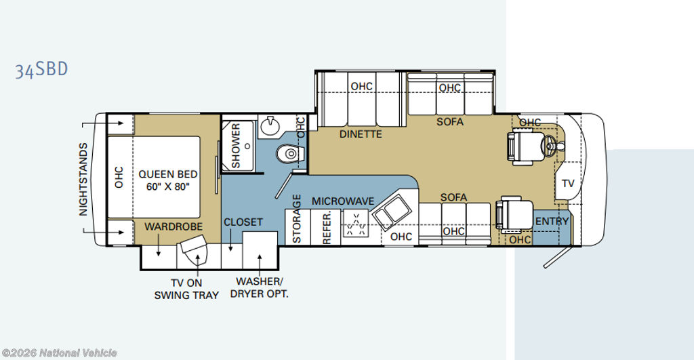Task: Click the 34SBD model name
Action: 41,70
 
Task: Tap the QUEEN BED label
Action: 168,174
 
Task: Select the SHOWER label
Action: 236,146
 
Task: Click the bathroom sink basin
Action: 270,126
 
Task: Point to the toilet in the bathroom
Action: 291,154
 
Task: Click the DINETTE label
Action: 361,134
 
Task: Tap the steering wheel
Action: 551,144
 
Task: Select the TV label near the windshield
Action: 568,183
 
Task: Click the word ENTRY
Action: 552,222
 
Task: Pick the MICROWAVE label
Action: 343,201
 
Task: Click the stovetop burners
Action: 356,224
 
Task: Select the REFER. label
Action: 327,228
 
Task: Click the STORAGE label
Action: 297,218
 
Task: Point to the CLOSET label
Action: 243,222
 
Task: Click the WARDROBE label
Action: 173,226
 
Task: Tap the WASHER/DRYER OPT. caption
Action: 260,287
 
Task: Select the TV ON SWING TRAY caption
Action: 186,289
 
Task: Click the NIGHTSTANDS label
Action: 83,180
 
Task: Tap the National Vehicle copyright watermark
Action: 60,353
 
